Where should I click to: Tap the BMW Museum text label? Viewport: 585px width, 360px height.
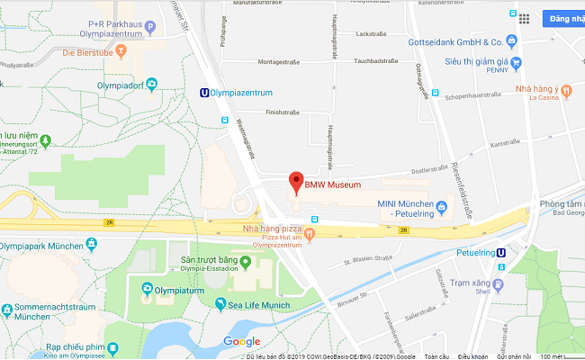332,185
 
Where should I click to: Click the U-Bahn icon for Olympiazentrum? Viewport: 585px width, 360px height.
205,92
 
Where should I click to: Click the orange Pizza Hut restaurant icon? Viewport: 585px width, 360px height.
310,236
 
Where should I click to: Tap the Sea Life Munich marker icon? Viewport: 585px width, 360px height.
220,304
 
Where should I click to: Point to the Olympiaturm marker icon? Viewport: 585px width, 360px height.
148,289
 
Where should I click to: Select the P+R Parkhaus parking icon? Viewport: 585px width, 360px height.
149,28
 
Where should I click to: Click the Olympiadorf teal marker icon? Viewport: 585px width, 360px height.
151,85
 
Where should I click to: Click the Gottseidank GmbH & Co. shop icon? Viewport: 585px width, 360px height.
511,41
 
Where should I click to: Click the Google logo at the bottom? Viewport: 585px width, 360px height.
242,341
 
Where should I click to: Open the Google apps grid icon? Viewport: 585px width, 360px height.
525,17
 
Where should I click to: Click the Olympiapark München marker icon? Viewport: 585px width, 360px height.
91,244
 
